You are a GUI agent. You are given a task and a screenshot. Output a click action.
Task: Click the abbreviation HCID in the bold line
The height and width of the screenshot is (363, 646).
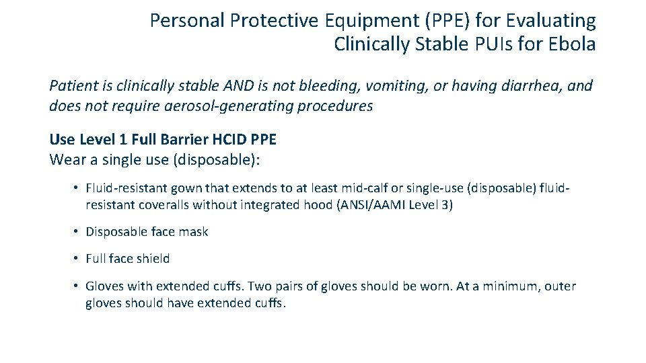pyautogui.click(x=229, y=140)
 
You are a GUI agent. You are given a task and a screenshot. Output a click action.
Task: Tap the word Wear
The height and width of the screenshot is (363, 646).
pyautogui.click(x=65, y=160)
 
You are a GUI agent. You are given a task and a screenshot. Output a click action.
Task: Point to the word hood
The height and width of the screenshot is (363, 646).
pyautogui.click(x=318, y=205)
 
